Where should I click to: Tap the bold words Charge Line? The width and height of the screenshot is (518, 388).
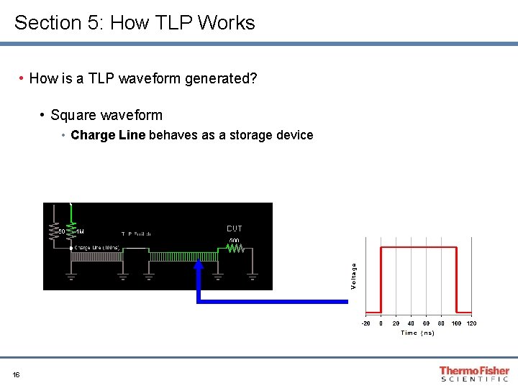click(108, 135)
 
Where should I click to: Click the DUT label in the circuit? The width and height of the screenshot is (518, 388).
click(235, 228)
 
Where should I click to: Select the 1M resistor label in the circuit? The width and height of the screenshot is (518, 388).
click(79, 232)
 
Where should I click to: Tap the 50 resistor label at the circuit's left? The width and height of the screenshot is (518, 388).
click(62, 232)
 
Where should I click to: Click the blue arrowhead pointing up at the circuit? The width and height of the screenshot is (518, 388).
click(199, 265)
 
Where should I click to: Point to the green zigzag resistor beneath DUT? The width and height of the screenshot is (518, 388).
click(235, 249)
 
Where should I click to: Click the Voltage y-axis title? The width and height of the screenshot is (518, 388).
click(354, 277)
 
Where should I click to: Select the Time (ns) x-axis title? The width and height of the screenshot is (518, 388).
click(417, 333)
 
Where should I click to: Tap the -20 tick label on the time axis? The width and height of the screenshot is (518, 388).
click(365, 323)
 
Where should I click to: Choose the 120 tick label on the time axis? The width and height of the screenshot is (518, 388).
click(471, 323)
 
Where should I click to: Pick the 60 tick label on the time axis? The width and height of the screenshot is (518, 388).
click(426, 323)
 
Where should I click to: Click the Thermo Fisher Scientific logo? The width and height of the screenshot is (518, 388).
click(474, 374)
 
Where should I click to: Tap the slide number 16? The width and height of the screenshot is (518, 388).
click(16, 374)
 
